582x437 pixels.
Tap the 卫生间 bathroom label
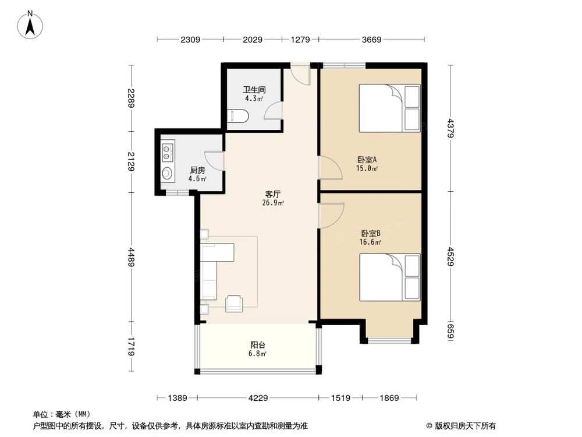pos(254,90)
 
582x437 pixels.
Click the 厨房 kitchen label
pos(197,170)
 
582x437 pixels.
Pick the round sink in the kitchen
pos(168,173)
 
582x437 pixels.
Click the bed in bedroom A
pos(389,108)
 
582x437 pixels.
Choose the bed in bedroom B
pos(389,277)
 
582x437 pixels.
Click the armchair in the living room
pos(235,302)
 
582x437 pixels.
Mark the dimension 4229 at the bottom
pos(258,398)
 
